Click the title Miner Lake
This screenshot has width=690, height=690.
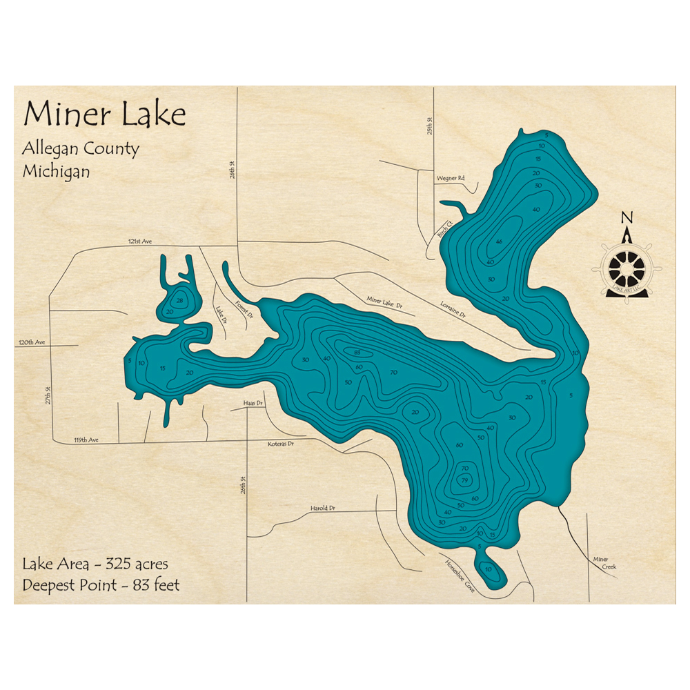click(104, 114)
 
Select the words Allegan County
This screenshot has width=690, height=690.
click(81, 148)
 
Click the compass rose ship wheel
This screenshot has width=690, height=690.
click(627, 266)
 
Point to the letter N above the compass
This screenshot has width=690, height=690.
click(627, 219)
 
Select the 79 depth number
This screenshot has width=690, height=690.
click(465, 480)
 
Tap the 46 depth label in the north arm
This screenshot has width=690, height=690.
click(499, 241)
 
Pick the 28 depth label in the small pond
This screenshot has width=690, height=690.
click(180, 301)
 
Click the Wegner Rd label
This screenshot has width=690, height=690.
click(450, 179)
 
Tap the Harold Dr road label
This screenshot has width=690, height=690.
click(322, 508)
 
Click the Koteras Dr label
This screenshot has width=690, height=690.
click(281, 444)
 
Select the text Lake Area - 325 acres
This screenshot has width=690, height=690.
click(95, 564)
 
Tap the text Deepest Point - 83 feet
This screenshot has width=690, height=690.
click(101, 585)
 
